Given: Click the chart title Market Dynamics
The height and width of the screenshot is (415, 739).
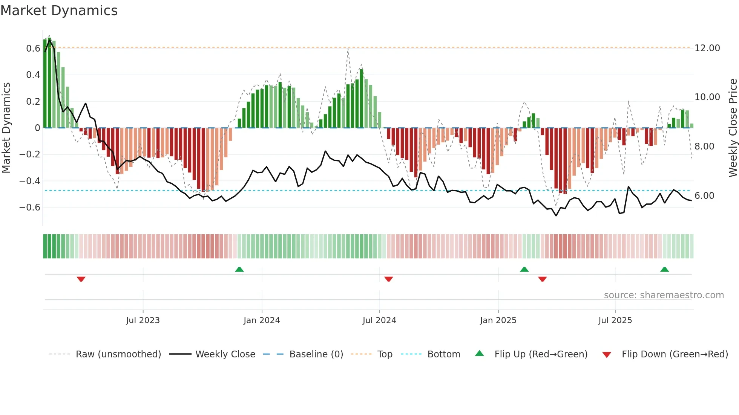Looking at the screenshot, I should (59, 11).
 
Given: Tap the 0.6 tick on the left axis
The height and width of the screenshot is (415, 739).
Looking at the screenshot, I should (33, 49).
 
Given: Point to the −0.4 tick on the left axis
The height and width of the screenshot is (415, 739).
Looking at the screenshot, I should (30, 181).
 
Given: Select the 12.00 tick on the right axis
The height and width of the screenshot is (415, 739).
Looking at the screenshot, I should (707, 48).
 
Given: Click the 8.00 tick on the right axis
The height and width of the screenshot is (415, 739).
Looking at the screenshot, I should (704, 146).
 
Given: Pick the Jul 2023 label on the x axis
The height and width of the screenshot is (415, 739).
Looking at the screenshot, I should (143, 320).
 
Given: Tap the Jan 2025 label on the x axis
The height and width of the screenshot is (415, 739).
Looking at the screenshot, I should (498, 320).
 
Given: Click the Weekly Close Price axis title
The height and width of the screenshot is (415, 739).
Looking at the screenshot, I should (733, 128).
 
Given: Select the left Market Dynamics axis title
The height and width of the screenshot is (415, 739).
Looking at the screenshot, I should (6, 128).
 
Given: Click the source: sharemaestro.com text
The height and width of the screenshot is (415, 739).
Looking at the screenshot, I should (664, 295).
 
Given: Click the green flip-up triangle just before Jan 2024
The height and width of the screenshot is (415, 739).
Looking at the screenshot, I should (239, 270).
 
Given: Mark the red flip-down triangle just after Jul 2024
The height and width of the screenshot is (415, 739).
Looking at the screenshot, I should (389, 279).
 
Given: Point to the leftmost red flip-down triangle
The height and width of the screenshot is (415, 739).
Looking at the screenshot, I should (81, 279).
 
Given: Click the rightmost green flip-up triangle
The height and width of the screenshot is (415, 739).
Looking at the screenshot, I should (665, 270).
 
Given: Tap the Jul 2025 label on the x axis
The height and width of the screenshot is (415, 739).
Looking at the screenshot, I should (615, 320).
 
